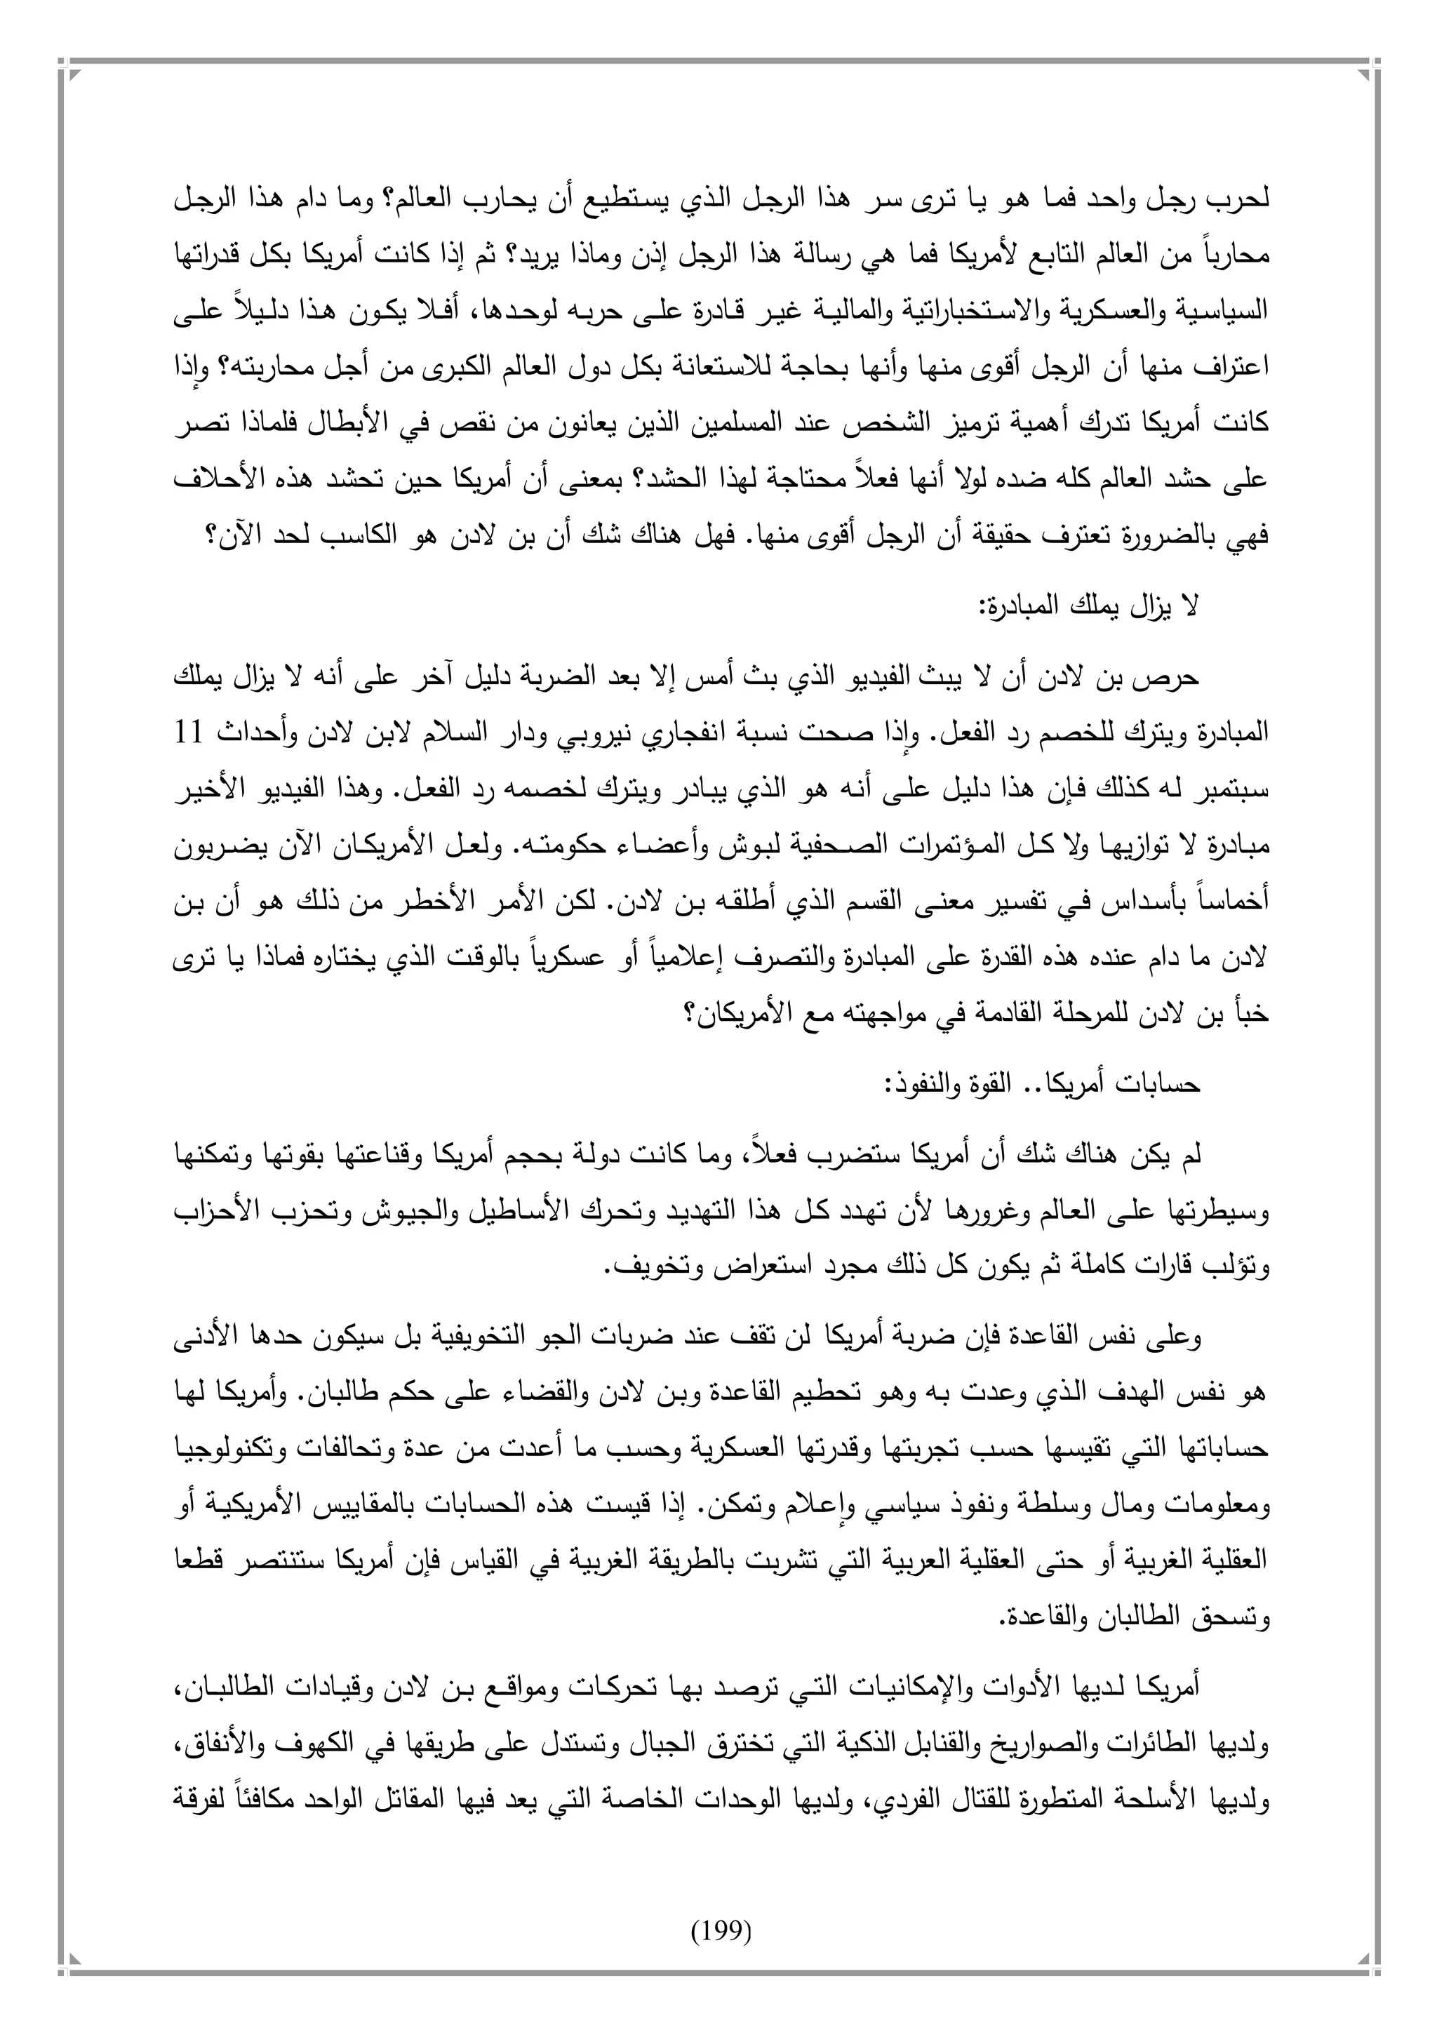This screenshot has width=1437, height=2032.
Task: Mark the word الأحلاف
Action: pyautogui.click(x=214, y=481)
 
